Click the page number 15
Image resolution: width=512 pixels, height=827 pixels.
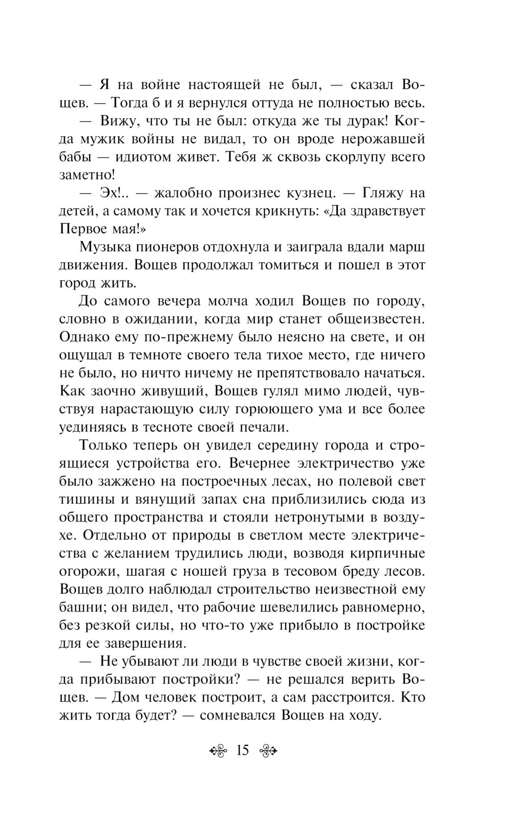point(242,751)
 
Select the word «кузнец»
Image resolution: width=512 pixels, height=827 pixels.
point(304,193)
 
